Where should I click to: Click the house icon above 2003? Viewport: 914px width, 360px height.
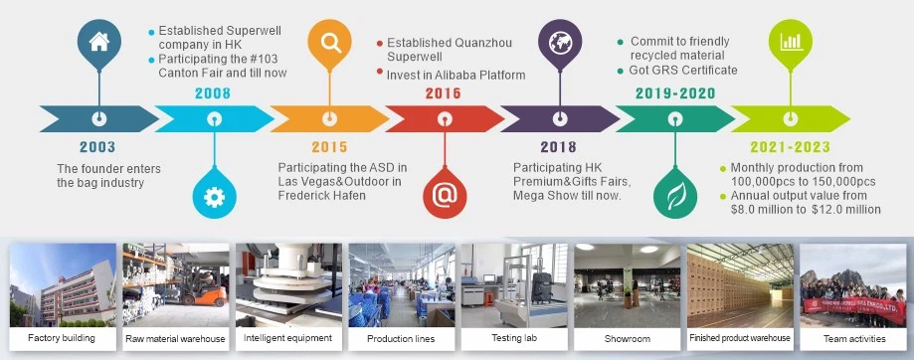click(x=98, y=42)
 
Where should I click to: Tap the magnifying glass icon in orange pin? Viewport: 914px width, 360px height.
click(x=330, y=43)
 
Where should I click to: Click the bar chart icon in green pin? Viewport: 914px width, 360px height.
click(x=791, y=41)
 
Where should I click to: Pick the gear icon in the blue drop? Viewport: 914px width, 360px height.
click(x=214, y=198)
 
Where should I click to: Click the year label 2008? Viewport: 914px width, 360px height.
click(x=213, y=93)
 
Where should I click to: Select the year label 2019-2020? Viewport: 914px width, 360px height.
click(x=675, y=93)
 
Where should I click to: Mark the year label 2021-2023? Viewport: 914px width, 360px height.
click(x=790, y=147)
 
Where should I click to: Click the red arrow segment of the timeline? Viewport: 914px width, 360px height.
click(x=445, y=118)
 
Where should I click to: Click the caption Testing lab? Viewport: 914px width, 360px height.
click(x=514, y=338)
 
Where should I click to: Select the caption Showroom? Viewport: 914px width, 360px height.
click(x=627, y=338)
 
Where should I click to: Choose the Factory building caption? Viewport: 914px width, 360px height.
click(x=62, y=337)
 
